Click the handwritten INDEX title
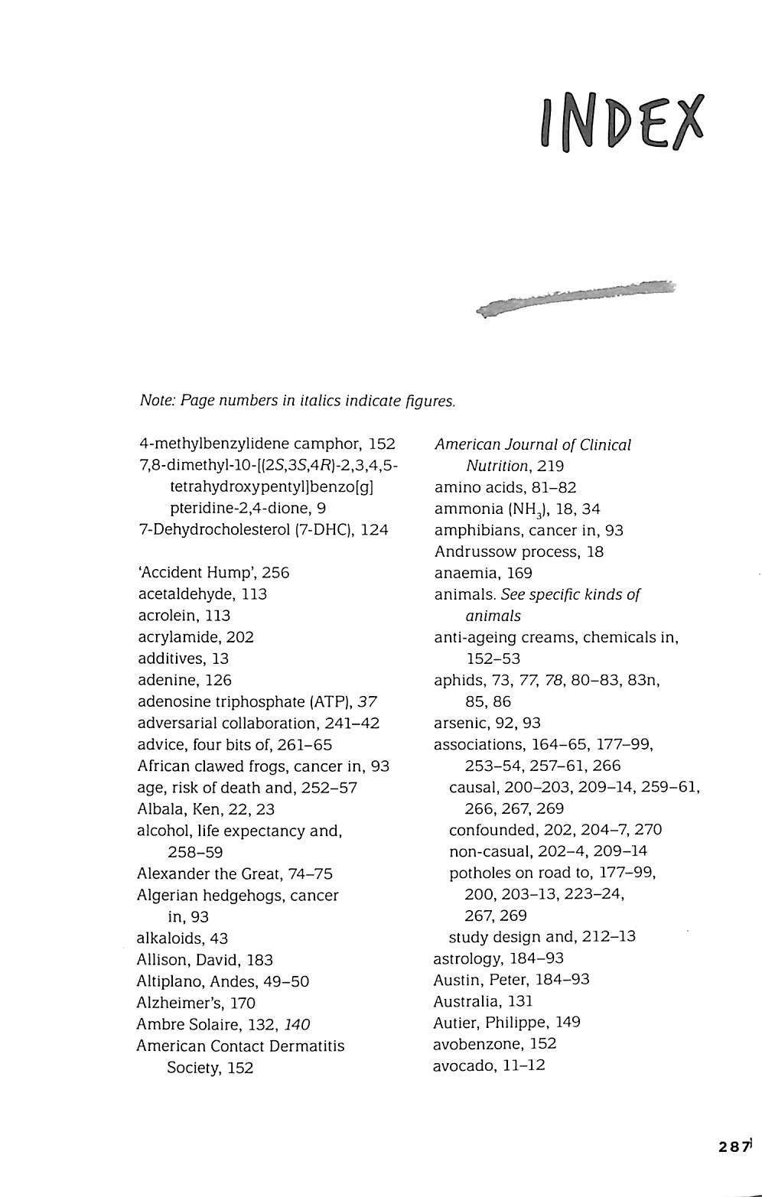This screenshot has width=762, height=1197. point(621,122)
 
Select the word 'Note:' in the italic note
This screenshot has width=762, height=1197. point(158,400)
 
